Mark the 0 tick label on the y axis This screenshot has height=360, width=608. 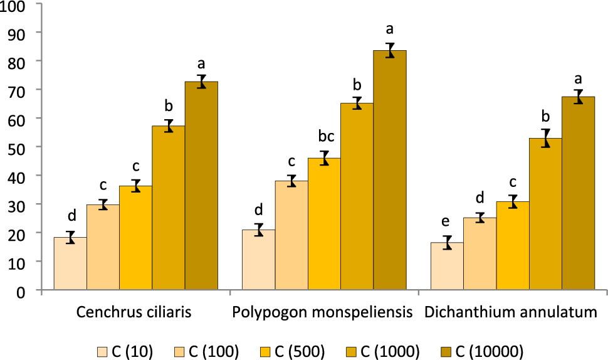pyautogui.click(x=21, y=291)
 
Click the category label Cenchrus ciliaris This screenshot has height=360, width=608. pyautogui.click(x=134, y=312)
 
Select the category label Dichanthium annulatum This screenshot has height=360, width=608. pyautogui.click(x=511, y=312)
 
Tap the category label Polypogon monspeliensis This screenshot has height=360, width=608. pyautogui.click(x=322, y=312)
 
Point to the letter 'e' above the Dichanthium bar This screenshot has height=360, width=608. pyautogui.click(x=446, y=221)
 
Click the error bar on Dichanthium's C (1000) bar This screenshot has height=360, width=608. pyautogui.click(x=546, y=139)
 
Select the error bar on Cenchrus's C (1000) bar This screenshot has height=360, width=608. pyautogui.click(x=168, y=126)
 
